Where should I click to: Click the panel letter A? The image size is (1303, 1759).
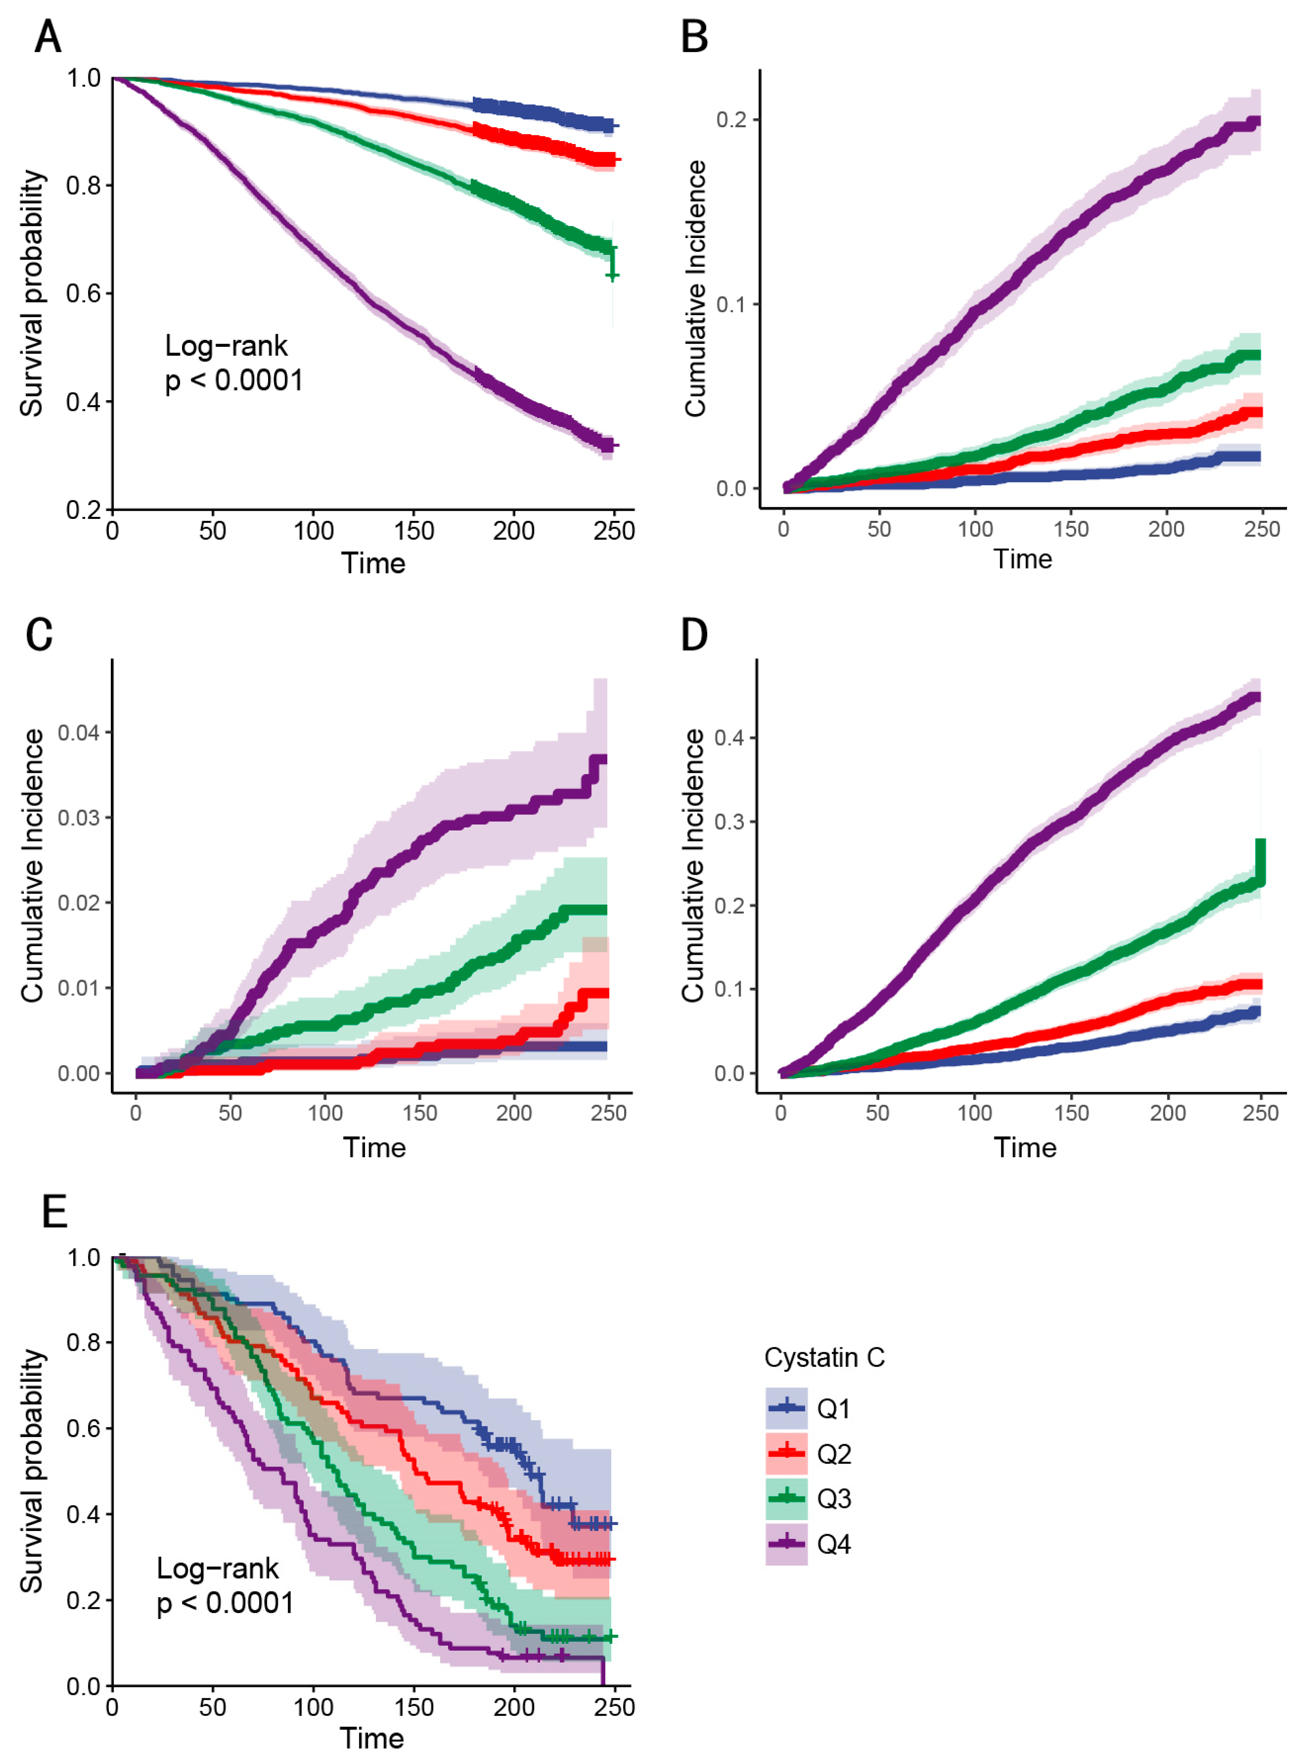click(x=48, y=37)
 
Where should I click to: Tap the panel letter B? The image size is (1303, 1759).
click(x=694, y=37)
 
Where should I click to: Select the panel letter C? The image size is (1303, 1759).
click(x=40, y=634)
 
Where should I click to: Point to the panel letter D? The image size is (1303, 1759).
click(x=694, y=634)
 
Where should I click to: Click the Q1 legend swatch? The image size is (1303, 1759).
click(x=787, y=1408)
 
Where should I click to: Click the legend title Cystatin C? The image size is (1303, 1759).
click(x=824, y=1357)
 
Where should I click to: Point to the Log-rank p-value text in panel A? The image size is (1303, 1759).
click(x=234, y=363)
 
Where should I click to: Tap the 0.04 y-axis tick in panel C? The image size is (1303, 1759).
click(x=79, y=733)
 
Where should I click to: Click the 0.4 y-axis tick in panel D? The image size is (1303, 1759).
click(x=730, y=738)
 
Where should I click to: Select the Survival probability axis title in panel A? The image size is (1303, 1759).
click(x=32, y=293)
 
